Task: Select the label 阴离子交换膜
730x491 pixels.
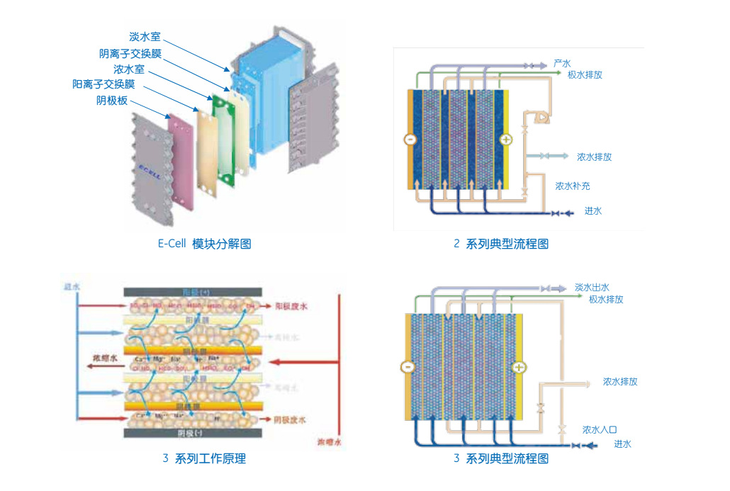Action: click(x=130, y=53)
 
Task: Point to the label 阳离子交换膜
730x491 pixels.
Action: click(x=108, y=84)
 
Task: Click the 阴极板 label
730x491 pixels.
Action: click(x=112, y=101)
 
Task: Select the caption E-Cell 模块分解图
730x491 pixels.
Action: click(x=204, y=244)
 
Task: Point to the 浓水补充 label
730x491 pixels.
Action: click(x=573, y=186)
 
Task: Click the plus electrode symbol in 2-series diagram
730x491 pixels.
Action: click(x=506, y=140)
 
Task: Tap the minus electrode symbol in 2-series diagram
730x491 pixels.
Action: click(x=410, y=140)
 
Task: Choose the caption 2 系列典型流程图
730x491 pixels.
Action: click(x=500, y=244)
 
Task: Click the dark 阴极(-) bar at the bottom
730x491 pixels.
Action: click(x=193, y=432)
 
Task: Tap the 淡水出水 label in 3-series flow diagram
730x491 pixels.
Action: click(x=592, y=288)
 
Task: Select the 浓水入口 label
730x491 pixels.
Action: click(x=600, y=429)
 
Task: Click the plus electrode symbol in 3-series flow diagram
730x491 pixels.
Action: click(x=520, y=367)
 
